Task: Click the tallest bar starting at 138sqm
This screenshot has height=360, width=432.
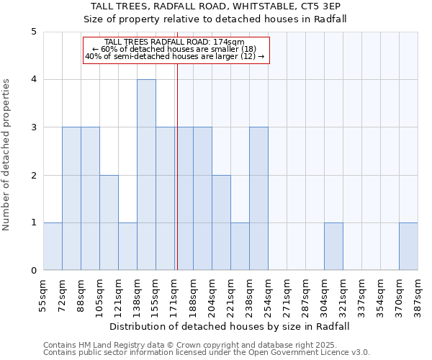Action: coord(146,175)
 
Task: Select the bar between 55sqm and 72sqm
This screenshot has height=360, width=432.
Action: coord(53,246)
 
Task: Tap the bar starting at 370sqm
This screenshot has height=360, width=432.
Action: coord(408,246)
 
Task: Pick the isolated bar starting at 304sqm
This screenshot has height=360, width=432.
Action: coord(333,246)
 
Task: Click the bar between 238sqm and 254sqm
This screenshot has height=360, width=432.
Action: coord(258,199)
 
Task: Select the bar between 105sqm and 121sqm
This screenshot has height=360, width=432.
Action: coord(109,222)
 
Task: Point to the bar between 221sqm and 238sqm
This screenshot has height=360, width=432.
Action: coord(240,246)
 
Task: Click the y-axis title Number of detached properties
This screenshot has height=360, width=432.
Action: coord(7,155)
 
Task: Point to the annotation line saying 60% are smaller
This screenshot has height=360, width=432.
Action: coord(175,49)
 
